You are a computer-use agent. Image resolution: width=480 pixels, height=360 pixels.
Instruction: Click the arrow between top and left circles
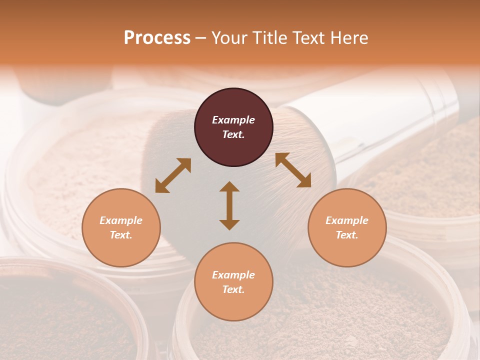click(x=173, y=175)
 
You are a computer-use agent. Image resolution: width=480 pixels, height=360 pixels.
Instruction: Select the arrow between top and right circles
click(x=293, y=170)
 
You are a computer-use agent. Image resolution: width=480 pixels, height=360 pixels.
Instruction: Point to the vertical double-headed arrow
click(x=229, y=205)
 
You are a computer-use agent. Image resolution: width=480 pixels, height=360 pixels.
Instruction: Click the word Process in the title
click(x=157, y=38)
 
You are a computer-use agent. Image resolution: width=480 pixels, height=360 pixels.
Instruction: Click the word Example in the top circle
click(x=233, y=120)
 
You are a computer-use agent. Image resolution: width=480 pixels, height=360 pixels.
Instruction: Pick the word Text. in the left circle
click(x=121, y=235)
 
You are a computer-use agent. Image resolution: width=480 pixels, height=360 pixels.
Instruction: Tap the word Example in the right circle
click(x=347, y=220)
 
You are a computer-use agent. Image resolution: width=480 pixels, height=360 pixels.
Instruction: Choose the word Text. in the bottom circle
click(x=233, y=289)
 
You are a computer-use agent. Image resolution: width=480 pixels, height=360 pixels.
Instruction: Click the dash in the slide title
click(x=201, y=38)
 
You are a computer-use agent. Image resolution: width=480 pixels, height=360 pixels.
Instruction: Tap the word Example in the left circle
click(x=121, y=220)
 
